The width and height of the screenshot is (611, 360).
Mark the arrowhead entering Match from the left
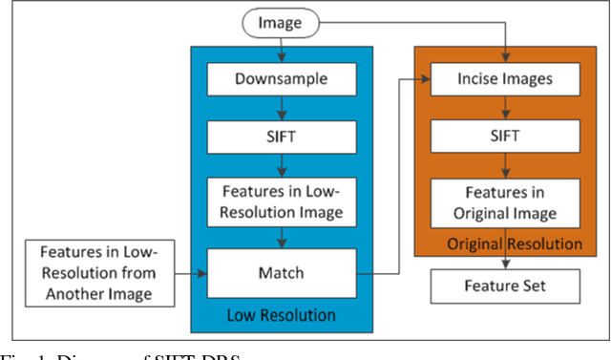pos(202,273)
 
